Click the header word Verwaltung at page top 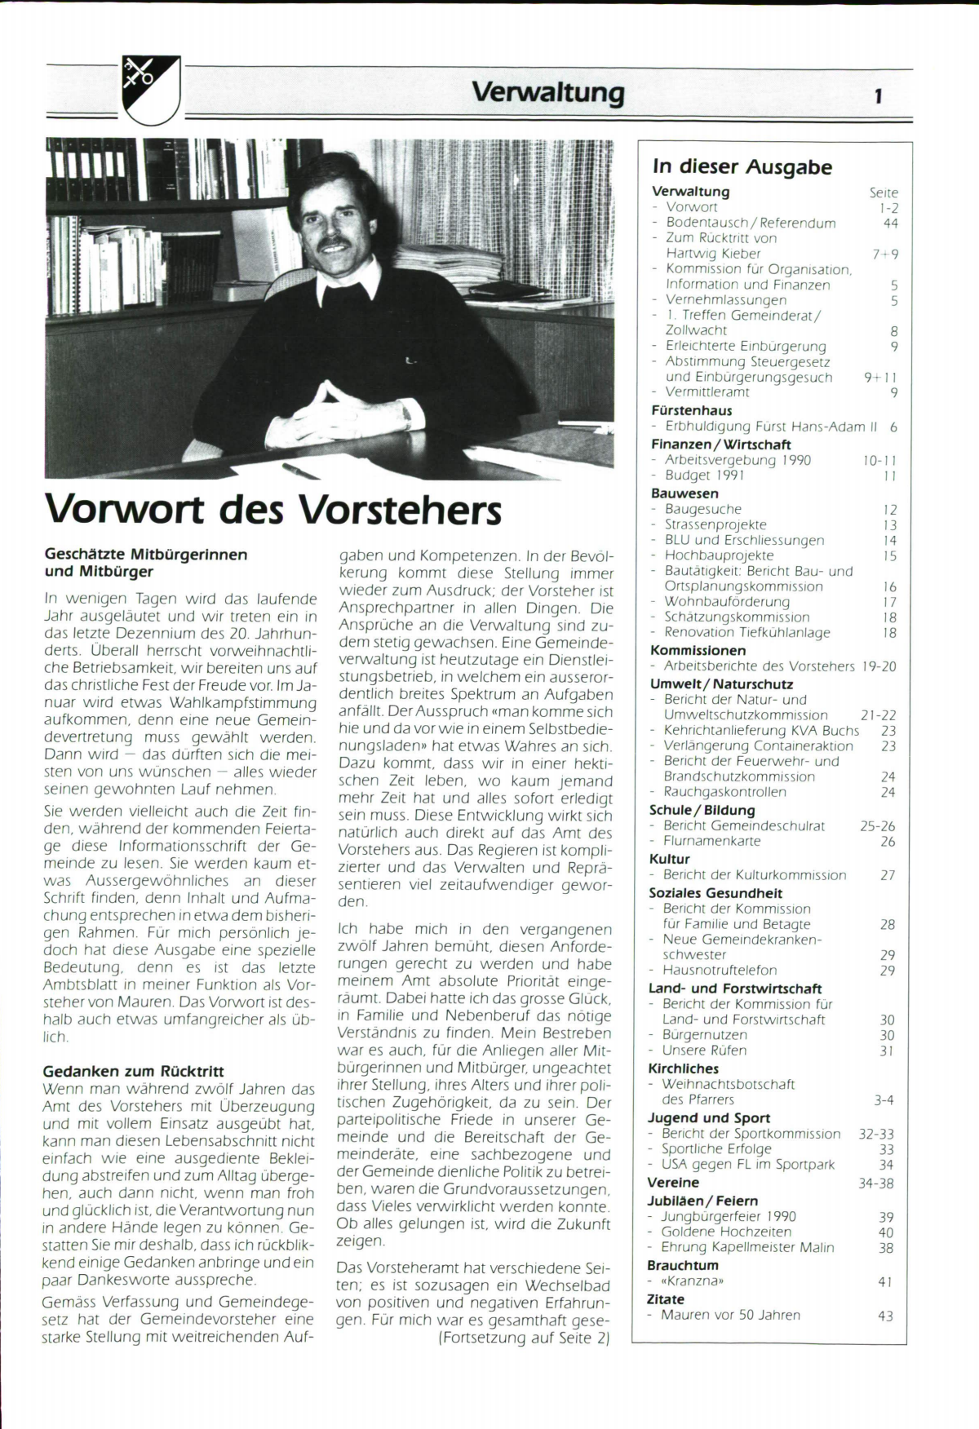547,92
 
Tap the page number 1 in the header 878,97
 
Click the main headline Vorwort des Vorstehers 273,511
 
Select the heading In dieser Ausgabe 742,167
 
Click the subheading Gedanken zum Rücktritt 133,1072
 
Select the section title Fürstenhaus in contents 691,410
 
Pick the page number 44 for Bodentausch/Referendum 890,223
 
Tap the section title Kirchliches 683,1068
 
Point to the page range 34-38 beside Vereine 876,1183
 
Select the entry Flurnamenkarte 711,841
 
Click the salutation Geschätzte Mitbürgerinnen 145,555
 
